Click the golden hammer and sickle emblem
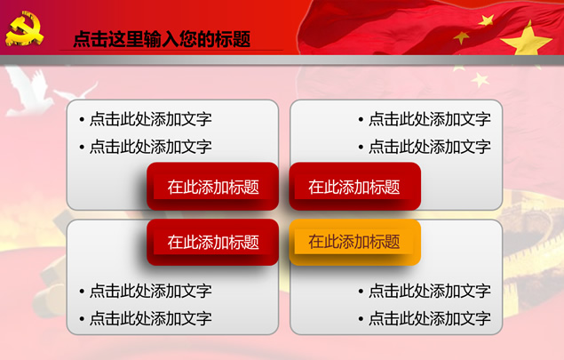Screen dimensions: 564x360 (24, 28)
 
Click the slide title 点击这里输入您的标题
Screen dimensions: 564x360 (162, 39)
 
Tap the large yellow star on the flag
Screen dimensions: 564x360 (527, 40)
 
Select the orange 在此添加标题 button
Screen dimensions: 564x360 (354, 242)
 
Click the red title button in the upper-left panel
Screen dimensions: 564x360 (212, 187)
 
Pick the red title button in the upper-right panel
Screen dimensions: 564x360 (354, 187)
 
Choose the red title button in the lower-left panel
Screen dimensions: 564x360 (212, 242)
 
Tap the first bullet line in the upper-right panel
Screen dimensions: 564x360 (425, 119)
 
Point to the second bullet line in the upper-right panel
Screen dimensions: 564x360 (425, 147)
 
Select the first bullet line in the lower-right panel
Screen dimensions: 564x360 (425, 291)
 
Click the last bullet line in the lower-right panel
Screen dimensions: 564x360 (425, 318)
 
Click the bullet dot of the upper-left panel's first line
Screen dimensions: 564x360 (82, 119)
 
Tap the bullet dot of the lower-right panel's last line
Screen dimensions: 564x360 (361, 318)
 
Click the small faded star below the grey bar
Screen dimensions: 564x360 (480, 80)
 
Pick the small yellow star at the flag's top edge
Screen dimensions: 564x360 (487, 20)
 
